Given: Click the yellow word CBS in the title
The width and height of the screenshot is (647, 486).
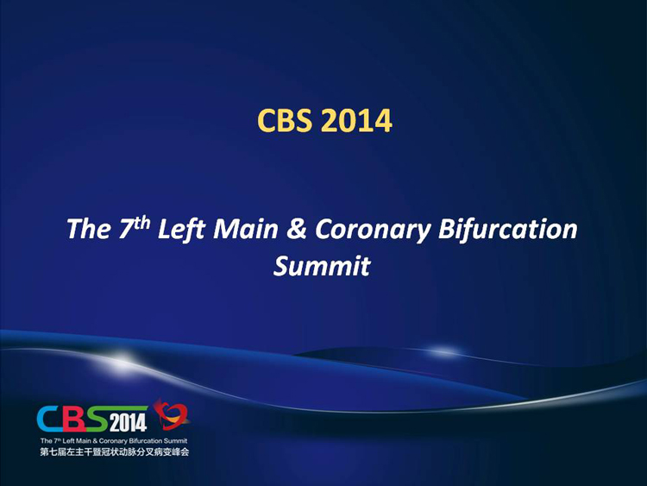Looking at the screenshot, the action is [x=285, y=120].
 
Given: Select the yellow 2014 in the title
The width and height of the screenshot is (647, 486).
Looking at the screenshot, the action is [x=355, y=120].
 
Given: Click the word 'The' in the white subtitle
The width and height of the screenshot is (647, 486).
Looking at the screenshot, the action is [x=89, y=229].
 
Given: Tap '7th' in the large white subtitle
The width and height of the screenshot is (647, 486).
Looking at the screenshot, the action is [x=134, y=227].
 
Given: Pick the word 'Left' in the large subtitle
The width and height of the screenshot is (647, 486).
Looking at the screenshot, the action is [x=181, y=229].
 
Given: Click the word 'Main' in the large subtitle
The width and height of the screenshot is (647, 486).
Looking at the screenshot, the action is [x=246, y=229].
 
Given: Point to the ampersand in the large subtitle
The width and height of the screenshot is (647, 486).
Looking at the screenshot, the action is [x=296, y=229].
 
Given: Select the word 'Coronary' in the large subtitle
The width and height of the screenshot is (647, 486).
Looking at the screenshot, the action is [x=373, y=230].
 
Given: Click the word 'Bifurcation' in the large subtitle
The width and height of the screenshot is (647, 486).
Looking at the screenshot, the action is [x=507, y=229].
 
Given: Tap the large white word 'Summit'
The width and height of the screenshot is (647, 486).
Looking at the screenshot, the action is [x=322, y=266].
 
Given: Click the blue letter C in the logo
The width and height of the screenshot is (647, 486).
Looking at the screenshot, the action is [x=50, y=419].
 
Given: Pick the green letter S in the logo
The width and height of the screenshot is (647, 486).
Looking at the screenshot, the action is [x=97, y=419].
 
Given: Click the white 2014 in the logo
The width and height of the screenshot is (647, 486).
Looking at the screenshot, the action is [x=128, y=422].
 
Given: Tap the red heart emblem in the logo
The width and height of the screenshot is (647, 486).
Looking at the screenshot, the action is [x=172, y=414].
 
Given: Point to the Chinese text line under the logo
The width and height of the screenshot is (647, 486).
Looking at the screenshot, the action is [x=114, y=452].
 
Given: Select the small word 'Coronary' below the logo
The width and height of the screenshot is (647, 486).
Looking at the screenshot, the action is [x=113, y=441].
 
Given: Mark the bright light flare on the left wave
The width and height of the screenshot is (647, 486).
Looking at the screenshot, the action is [x=121, y=359].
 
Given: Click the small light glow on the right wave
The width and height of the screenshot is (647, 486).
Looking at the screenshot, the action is [x=443, y=352].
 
